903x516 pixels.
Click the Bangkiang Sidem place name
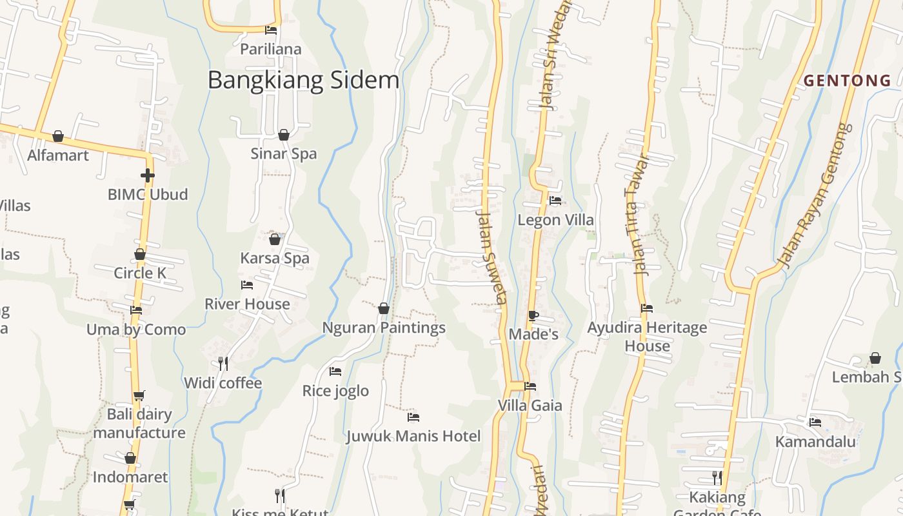303,81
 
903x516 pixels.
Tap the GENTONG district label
847,81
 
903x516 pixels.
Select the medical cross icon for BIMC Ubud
148,175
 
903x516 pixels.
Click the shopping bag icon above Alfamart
58,136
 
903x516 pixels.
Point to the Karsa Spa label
275,258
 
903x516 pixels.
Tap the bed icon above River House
247,284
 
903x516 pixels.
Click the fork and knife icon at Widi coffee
223,364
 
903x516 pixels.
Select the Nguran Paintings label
384,328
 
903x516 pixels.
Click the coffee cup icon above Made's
533,315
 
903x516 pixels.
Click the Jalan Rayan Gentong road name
814,197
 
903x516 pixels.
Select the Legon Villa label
555,220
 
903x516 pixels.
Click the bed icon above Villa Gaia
530,386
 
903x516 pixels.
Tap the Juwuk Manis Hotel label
413,437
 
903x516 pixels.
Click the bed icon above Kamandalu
815,422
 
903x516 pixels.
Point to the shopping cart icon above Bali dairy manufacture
139,395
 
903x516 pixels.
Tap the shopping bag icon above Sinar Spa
284,135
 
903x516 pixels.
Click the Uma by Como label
136,330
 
